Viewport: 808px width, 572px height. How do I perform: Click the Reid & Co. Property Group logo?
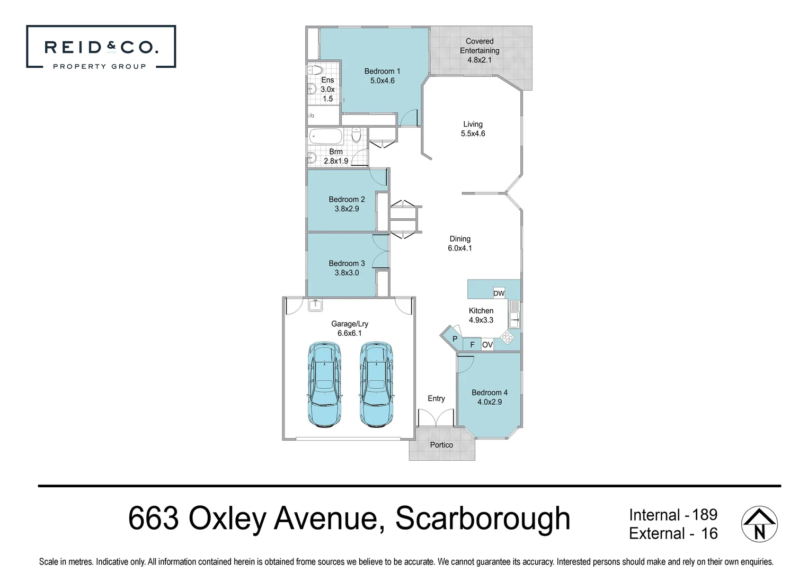tap(101, 47)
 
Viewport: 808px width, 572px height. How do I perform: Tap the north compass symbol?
tap(759, 524)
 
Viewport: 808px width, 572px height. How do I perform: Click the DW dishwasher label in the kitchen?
tap(499, 293)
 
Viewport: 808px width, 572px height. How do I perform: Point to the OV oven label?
tap(487, 345)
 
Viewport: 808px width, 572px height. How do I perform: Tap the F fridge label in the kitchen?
tap(472, 345)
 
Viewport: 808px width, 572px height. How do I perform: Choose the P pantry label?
tap(455, 339)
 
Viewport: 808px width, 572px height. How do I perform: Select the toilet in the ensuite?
tap(315, 70)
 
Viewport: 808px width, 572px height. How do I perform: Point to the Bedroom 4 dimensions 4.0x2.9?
tap(490, 402)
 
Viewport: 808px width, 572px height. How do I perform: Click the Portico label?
tap(441, 445)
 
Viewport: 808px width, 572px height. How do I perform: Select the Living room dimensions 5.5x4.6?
tap(473, 133)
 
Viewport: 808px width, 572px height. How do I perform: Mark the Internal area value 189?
tap(705, 514)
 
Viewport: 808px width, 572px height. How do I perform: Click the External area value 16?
tap(709, 533)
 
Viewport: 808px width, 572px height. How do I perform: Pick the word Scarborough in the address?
tap(483, 519)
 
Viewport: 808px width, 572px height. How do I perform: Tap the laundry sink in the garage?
tap(315, 305)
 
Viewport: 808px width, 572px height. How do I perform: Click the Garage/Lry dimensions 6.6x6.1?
tap(350, 333)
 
